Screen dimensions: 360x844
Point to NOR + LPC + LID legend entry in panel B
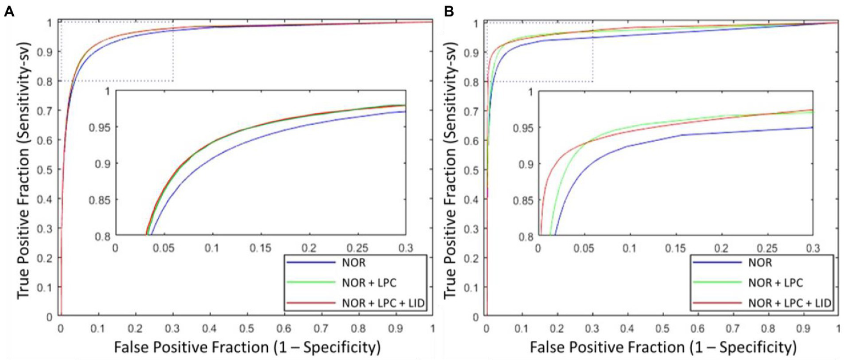pos(788,303)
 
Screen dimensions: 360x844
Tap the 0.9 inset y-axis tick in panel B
pos(525,164)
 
